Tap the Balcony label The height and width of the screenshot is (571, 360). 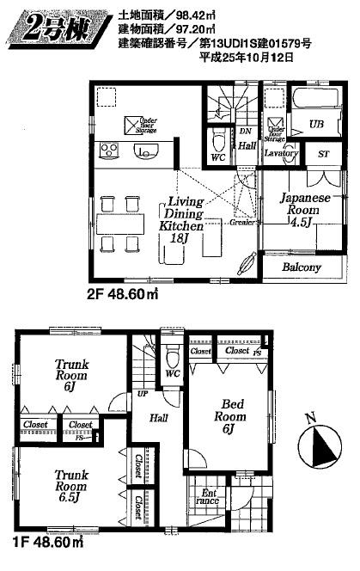[298, 267]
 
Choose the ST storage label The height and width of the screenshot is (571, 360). [323, 154]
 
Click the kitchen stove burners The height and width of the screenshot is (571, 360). [110, 150]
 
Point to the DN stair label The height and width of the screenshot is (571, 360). [245, 132]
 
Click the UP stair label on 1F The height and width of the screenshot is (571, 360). [141, 395]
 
